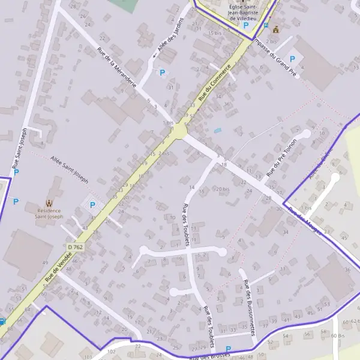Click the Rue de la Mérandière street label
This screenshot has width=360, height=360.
pos(116,68)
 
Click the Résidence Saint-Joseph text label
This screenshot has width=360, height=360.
pos(49,214)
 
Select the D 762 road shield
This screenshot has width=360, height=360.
pos(74,247)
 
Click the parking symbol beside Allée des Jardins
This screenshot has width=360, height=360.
pos(161,73)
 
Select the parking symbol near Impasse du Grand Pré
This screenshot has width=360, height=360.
pos(292,59)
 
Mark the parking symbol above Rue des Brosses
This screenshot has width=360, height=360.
pos(228,349)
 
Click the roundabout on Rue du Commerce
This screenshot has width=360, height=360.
pos(178,130)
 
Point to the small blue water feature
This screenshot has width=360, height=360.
pos(217,130)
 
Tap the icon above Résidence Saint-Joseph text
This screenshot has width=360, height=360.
pos(49,202)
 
